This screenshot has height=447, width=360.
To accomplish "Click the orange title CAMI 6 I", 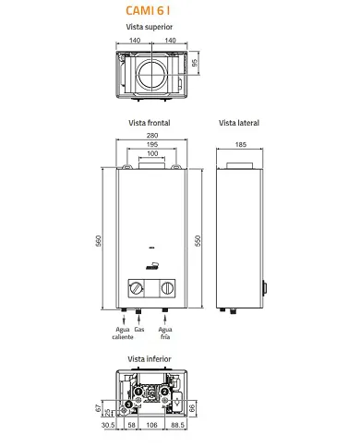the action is (x=148, y=11).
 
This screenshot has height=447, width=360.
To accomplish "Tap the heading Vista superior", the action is (x=150, y=27).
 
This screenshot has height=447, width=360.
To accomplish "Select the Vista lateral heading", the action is (x=239, y=123).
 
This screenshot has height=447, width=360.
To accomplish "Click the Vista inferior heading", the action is (x=150, y=359).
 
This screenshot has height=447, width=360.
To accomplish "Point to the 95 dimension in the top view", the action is (x=195, y=63).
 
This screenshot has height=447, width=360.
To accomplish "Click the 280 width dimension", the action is (x=152, y=135).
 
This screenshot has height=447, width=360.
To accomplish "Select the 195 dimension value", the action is (x=152, y=144).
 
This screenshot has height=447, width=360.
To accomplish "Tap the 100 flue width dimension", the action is (x=152, y=153).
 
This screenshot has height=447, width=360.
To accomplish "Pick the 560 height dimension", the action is (x=98, y=241).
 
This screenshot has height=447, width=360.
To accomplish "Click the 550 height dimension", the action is (x=198, y=241).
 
